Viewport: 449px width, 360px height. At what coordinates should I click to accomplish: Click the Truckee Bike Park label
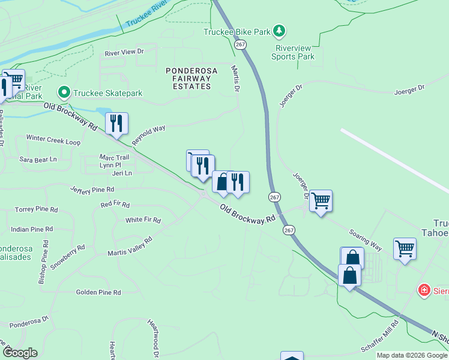point(237,31)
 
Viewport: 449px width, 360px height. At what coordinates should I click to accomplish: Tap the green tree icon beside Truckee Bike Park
point(279,31)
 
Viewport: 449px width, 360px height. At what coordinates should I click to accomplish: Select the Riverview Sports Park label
point(294,52)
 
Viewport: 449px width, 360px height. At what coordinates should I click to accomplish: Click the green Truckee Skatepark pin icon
point(64,92)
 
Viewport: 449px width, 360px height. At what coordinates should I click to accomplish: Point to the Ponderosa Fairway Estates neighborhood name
point(188,79)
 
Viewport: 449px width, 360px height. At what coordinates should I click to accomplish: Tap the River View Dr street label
point(125,52)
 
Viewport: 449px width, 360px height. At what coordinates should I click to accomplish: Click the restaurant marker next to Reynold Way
point(116,123)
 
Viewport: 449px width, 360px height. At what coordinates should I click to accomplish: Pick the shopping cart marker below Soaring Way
point(405,247)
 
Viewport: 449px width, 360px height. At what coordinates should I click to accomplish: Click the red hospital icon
point(424,290)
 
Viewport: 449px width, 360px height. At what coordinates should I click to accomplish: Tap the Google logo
point(20,352)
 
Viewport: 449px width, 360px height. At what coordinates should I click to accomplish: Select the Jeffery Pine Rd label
point(92,190)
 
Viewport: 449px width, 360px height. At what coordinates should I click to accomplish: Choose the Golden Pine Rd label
point(98,292)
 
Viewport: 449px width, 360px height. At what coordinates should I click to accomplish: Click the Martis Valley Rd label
point(130,246)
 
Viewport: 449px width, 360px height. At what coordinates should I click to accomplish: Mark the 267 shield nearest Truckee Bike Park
point(240,45)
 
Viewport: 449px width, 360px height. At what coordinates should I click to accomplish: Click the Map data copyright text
point(411,355)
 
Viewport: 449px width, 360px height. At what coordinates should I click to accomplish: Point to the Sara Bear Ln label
point(38,160)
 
